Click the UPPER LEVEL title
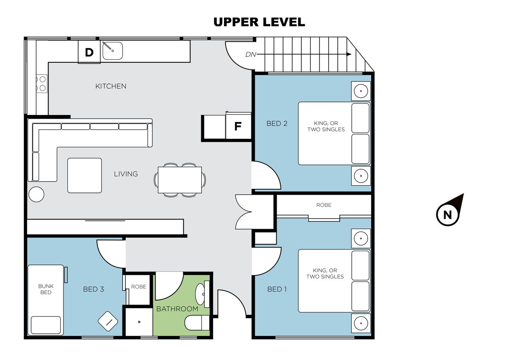[x=259, y=22]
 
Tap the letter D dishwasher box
[x=89, y=52]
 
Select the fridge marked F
[x=238, y=126]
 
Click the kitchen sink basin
[x=113, y=51]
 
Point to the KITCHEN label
[x=111, y=86]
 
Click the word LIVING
[x=126, y=174]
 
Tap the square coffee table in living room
[x=85, y=176]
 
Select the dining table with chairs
[x=180, y=180]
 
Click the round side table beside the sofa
[x=36, y=194]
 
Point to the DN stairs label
[x=251, y=55]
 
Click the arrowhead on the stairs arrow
[x=349, y=54]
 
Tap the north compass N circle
[x=448, y=215]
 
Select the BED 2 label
[x=277, y=124]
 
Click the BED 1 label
[x=277, y=289]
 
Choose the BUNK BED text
[x=46, y=289]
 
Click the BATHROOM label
[x=177, y=309]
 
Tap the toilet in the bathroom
[x=197, y=323]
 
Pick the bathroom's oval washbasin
[x=200, y=294]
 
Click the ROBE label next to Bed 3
[x=139, y=287]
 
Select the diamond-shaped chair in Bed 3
[x=108, y=321]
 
